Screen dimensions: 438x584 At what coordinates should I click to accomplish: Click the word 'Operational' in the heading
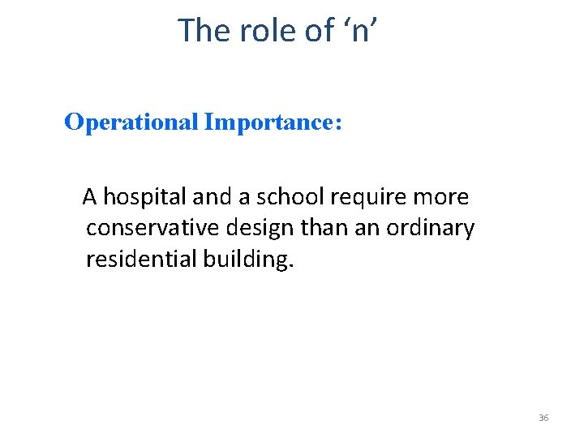[x=131, y=122]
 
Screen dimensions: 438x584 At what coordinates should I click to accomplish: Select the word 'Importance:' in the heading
[x=274, y=122]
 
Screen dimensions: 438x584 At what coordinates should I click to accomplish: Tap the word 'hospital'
[x=143, y=197]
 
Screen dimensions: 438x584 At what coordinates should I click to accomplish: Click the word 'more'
[x=441, y=197]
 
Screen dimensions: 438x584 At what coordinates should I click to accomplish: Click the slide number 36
[x=543, y=418]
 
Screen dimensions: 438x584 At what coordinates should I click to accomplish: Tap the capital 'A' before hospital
[x=91, y=197]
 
